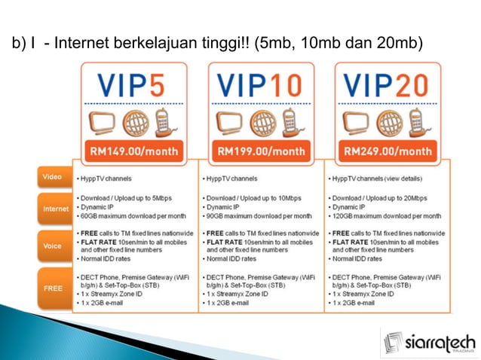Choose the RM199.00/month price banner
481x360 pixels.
click(262, 151)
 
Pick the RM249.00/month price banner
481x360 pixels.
click(388, 151)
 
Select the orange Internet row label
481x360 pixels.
click(55, 208)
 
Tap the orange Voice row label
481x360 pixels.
click(53, 245)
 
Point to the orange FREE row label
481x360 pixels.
click(53, 287)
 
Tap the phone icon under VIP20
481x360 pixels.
click(416, 121)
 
